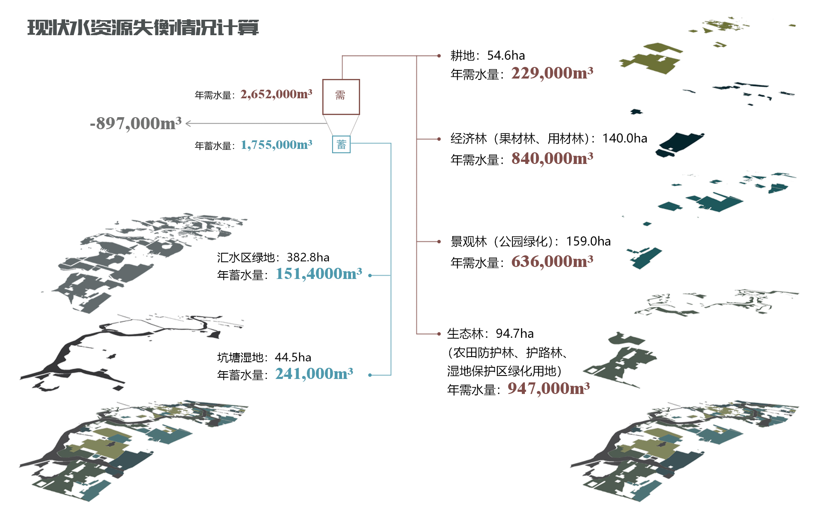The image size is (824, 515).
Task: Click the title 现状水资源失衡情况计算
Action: (143, 28)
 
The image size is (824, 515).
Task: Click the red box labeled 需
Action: (341, 97)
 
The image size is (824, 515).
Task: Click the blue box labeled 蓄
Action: (341, 144)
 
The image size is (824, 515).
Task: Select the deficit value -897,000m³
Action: (136, 124)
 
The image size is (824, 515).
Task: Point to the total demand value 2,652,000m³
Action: (276, 94)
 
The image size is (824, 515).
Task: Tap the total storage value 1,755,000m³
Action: (276, 145)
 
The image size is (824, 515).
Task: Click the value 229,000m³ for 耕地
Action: (552, 73)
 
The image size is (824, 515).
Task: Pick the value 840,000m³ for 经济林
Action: (552, 159)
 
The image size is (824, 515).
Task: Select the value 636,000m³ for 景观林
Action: (552, 261)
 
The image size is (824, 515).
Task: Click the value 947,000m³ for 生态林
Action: (548, 388)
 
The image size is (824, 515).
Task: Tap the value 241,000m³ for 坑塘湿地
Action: (314, 374)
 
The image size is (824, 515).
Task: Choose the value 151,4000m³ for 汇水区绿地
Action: (318, 274)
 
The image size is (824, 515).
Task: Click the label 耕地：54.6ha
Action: (488, 55)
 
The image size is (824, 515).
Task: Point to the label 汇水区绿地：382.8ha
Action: (273, 257)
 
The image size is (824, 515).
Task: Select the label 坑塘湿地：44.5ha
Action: (264, 357)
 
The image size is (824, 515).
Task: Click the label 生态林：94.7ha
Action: (490, 333)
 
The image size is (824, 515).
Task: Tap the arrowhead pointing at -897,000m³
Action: (188, 124)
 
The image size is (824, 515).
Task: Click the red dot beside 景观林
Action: (439, 242)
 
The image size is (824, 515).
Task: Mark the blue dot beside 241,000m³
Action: (370, 375)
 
